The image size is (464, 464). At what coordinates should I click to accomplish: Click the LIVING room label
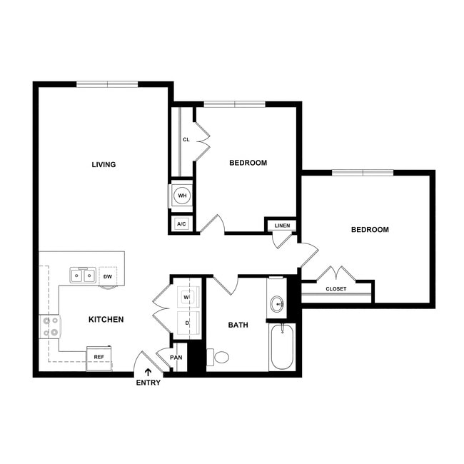point(104,165)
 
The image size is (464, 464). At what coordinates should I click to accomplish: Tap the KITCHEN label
point(106,319)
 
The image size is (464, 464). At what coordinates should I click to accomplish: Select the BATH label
point(238,325)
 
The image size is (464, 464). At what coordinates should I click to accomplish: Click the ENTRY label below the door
point(148,383)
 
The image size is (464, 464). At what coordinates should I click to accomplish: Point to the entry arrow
point(148,371)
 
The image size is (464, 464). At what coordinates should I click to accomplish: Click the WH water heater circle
point(182,195)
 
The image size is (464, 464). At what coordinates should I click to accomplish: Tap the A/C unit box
point(181,224)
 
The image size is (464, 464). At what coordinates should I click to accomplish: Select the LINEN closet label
point(281,226)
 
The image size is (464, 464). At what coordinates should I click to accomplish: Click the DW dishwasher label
point(108,276)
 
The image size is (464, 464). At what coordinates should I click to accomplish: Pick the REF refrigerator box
point(99,355)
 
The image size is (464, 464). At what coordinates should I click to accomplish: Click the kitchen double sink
point(84,275)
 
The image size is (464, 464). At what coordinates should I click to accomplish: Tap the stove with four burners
point(51,327)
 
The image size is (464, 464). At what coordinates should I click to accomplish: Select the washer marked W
point(186,297)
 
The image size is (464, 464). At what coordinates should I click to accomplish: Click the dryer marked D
point(186,323)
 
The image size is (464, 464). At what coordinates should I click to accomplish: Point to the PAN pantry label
point(176,358)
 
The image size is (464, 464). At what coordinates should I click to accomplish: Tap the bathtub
point(282,346)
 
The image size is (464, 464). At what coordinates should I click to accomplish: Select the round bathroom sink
point(277,305)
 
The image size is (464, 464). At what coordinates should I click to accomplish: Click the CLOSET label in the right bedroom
point(336,289)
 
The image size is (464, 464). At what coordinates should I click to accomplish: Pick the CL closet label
point(185,140)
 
